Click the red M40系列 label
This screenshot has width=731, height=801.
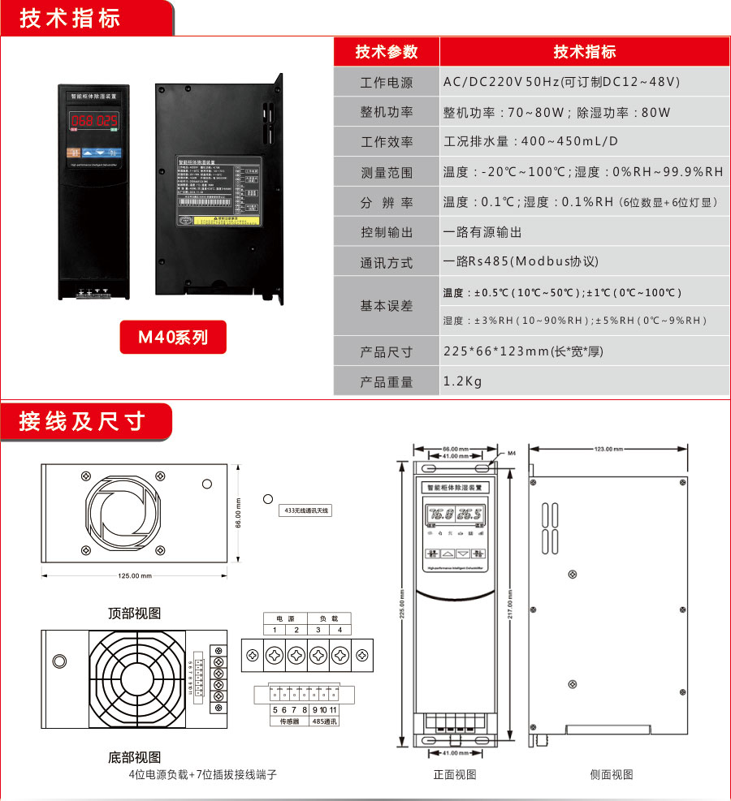tap(173, 337)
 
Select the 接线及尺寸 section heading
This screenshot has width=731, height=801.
tap(81, 421)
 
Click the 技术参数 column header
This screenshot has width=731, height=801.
tap(387, 52)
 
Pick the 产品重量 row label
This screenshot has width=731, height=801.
tap(387, 381)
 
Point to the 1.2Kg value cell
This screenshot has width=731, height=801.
tap(462, 381)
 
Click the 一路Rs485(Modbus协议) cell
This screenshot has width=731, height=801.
tap(521, 262)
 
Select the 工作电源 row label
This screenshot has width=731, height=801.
tap(387, 83)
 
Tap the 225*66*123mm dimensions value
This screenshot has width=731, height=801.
tap(523, 351)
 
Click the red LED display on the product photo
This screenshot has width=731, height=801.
tap(94, 122)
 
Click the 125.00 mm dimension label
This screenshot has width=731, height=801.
tap(135, 576)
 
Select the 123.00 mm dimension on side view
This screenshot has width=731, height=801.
tap(609, 449)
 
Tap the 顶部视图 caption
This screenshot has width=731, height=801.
tap(135, 613)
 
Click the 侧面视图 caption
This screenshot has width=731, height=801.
tap(611, 774)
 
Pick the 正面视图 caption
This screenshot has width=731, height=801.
tap(455, 774)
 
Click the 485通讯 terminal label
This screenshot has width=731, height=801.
tap(324, 720)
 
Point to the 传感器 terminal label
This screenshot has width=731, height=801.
tap(290, 720)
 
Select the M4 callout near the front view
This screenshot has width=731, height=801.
tap(512, 453)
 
